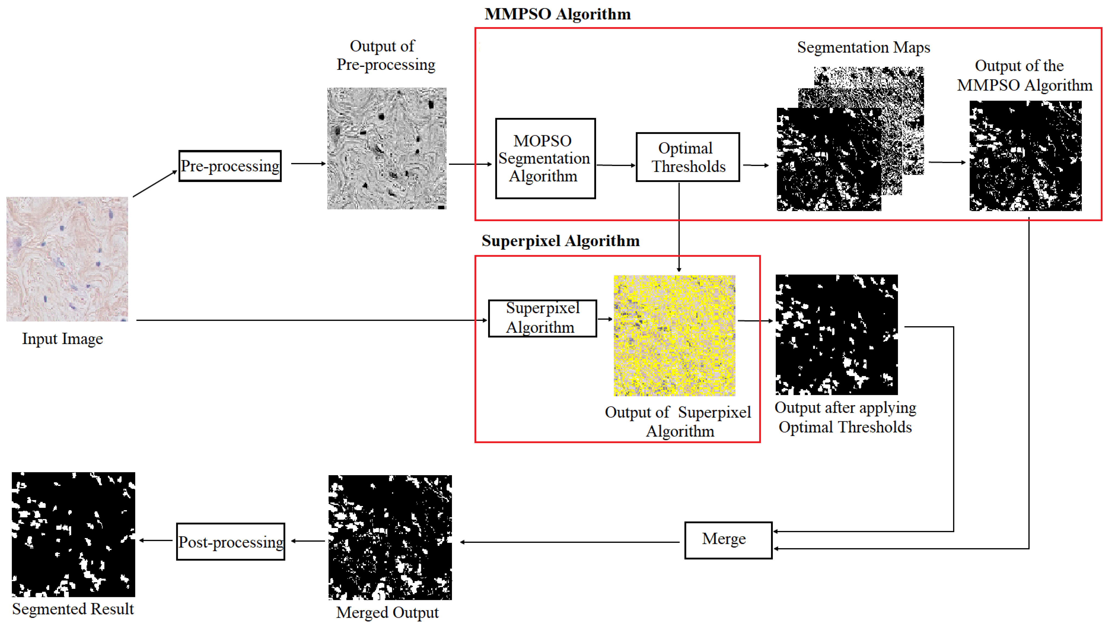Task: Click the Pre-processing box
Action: pyautogui.click(x=230, y=166)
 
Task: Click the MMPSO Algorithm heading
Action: pyautogui.click(x=558, y=14)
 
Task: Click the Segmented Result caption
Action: pyautogui.click(x=73, y=609)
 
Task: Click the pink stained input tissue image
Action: pyautogui.click(x=67, y=259)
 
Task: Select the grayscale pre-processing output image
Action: pyautogui.click(x=387, y=148)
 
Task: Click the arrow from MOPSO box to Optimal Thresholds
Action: pyautogui.click(x=616, y=165)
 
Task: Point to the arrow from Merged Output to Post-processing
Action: pyautogui.click(x=308, y=541)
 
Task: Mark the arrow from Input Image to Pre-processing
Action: pyautogui.click(x=155, y=184)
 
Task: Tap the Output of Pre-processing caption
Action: pyautogui.click(x=385, y=55)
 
